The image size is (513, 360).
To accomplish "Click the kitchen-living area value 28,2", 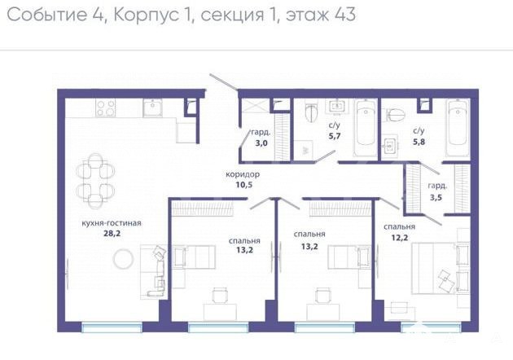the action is tap(112, 233).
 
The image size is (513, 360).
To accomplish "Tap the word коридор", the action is tap(243, 174).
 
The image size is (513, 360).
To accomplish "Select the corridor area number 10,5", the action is tap(244, 185).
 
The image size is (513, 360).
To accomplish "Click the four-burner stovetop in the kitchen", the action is tap(106, 108).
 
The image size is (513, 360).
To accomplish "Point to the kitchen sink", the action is tap(153, 108).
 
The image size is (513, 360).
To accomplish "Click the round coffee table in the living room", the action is tap(123, 259).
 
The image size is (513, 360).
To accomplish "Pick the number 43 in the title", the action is tap(345, 15).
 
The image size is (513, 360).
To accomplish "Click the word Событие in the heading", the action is tap(46, 15).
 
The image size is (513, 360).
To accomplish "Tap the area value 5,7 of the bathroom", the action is tap(335, 136).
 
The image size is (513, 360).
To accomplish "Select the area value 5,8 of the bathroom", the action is tap(419, 142).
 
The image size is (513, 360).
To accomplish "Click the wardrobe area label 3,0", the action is tap(261, 143).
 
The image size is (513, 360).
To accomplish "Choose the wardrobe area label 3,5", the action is tap(436, 197).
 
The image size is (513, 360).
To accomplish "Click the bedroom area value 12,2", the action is tap(400, 237).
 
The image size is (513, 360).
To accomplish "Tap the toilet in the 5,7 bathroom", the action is tap(311, 112).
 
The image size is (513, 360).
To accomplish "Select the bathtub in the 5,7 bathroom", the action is tap(366, 129).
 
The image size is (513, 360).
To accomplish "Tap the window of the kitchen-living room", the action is tap(112, 327).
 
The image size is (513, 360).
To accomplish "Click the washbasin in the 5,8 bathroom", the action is tap(390, 146).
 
